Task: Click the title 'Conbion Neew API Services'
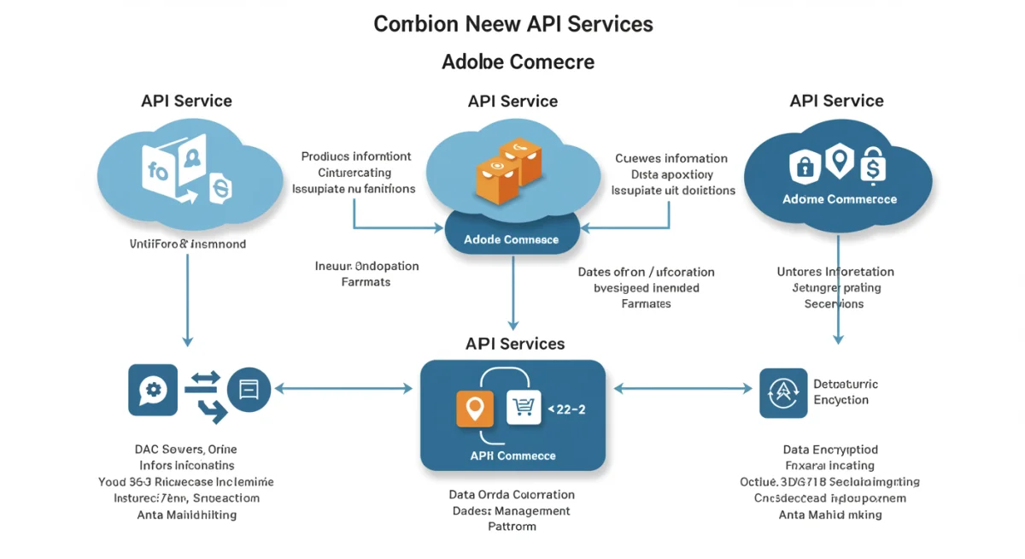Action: (512, 24)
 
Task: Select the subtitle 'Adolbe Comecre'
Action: (518, 62)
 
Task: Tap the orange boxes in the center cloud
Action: (509, 168)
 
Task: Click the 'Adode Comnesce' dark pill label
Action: (512, 239)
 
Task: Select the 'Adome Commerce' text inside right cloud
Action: (839, 199)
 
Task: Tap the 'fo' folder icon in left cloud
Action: (162, 170)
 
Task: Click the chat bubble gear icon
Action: (153, 390)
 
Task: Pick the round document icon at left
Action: (249, 391)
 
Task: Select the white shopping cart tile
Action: (524, 408)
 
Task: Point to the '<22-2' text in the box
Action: (565, 409)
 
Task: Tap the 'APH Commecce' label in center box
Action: (512, 456)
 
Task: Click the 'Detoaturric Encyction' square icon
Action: (783, 393)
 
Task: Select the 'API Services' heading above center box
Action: (515, 344)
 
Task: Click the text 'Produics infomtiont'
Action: (356, 156)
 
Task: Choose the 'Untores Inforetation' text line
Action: (835, 272)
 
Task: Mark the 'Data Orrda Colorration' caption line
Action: (512, 495)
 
